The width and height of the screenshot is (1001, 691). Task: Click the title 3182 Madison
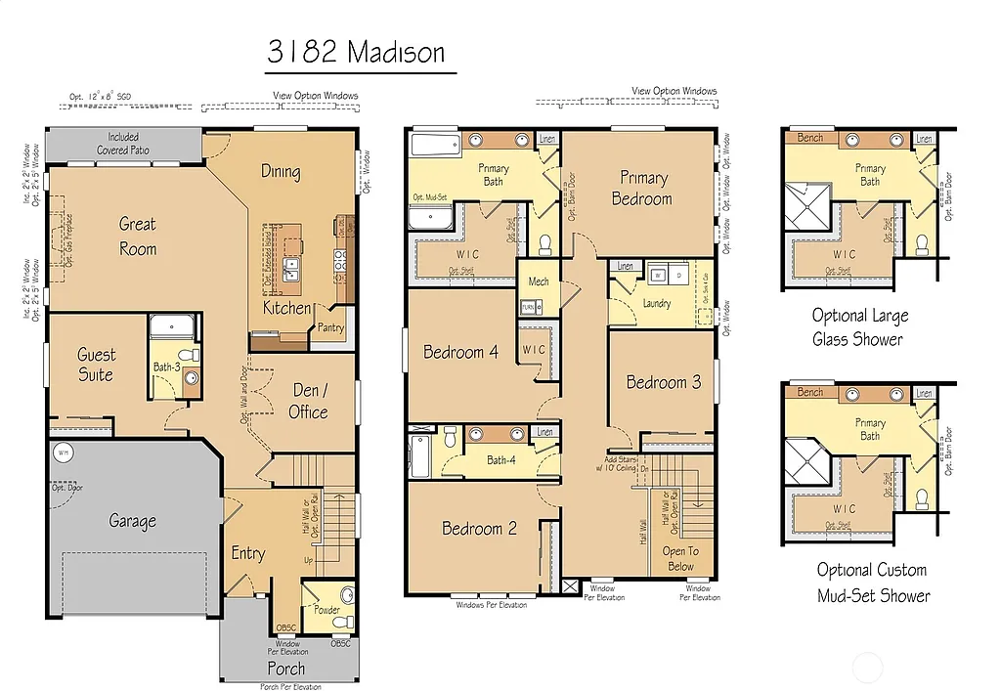click(357, 52)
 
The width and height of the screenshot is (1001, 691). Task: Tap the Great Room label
click(138, 237)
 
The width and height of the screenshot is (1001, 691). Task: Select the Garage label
click(132, 521)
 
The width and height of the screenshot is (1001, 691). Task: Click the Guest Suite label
click(96, 365)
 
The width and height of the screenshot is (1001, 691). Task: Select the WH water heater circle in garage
click(64, 453)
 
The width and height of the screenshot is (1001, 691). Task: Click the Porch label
click(285, 669)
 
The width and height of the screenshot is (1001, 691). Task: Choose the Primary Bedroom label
click(642, 188)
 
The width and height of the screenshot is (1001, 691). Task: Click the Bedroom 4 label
click(460, 352)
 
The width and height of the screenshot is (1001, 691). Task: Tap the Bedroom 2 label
click(479, 528)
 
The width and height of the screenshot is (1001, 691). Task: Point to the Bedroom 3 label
click(664, 382)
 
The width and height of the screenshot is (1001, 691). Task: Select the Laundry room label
click(657, 304)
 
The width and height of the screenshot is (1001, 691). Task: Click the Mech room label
click(538, 281)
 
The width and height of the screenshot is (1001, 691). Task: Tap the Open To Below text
click(680, 558)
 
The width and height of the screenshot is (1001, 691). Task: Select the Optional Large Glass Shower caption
click(860, 327)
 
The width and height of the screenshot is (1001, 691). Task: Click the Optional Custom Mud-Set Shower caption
click(872, 583)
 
